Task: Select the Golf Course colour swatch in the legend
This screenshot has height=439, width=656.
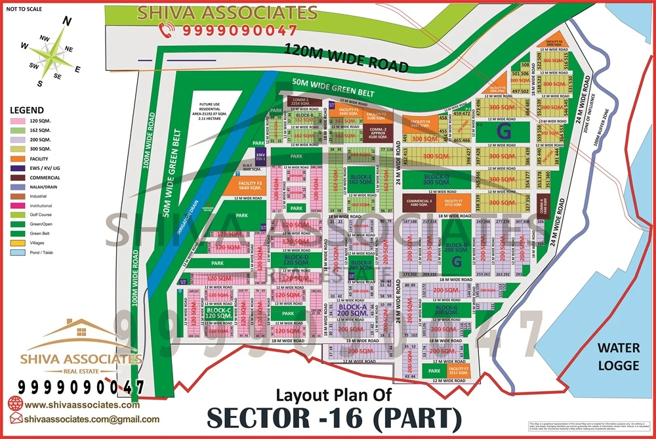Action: pyautogui.click(x=18, y=215)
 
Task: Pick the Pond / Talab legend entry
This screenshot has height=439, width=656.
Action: pyautogui.click(x=18, y=251)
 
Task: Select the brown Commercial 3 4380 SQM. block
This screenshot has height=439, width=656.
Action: pyautogui.click(x=420, y=203)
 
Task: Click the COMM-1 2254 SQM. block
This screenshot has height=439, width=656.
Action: pyautogui.click(x=304, y=102)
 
